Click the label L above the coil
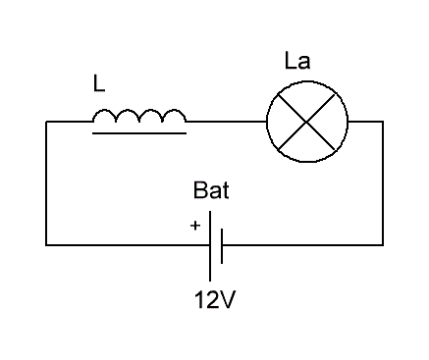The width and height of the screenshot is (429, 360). click(x=99, y=83)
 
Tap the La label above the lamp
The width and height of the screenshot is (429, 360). click(x=297, y=61)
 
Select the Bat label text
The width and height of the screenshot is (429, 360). click(x=211, y=190)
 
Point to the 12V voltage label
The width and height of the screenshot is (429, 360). click(x=215, y=299)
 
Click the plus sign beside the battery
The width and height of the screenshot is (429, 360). click(x=195, y=226)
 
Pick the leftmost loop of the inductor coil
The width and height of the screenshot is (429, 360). click(x=104, y=112)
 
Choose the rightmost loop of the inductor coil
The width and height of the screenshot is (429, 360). click(x=175, y=112)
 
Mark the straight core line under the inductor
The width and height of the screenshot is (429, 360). click(x=139, y=133)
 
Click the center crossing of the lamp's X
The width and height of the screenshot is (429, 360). click(x=306, y=122)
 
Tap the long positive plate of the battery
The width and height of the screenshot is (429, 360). click(x=210, y=246)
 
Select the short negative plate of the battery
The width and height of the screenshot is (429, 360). click(x=222, y=246)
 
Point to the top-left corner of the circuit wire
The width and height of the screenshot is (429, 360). click(x=46, y=122)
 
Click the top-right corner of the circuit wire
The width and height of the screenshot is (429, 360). click(x=383, y=122)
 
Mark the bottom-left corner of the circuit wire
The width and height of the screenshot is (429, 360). click(x=46, y=244)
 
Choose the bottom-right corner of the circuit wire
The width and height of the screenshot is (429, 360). click(x=383, y=244)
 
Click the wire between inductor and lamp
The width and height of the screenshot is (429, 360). click(x=227, y=122)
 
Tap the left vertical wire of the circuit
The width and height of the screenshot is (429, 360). click(x=46, y=183)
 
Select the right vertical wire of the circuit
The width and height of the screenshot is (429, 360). click(x=383, y=183)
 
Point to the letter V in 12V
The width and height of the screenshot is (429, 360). click(x=227, y=299)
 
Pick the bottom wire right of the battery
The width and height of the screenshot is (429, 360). click(x=302, y=244)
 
